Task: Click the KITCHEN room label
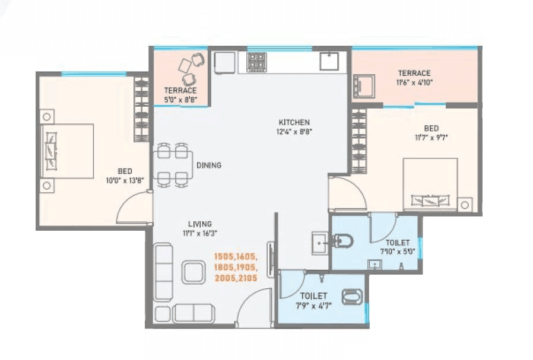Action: (x=294, y=122)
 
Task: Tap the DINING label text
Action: (x=208, y=165)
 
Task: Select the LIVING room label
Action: (x=200, y=224)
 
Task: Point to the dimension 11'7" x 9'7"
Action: (x=431, y=138)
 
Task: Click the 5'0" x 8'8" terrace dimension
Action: (x=180, y=100)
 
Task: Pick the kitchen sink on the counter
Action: (x=329, y=60)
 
